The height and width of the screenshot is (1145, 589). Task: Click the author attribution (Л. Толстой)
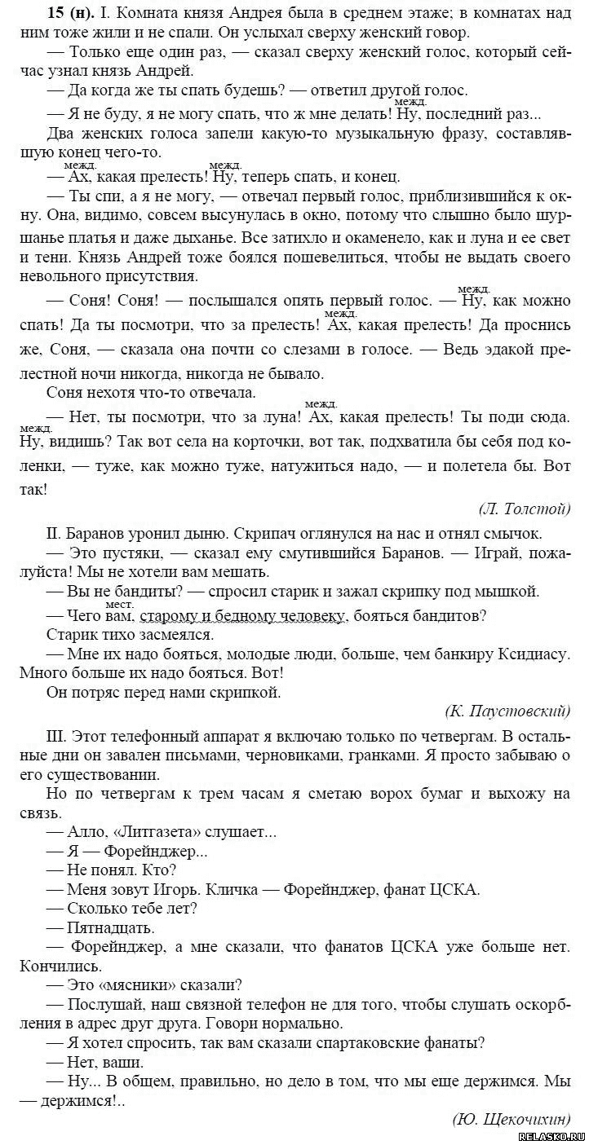pyautogui.click(x=524, y=509)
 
